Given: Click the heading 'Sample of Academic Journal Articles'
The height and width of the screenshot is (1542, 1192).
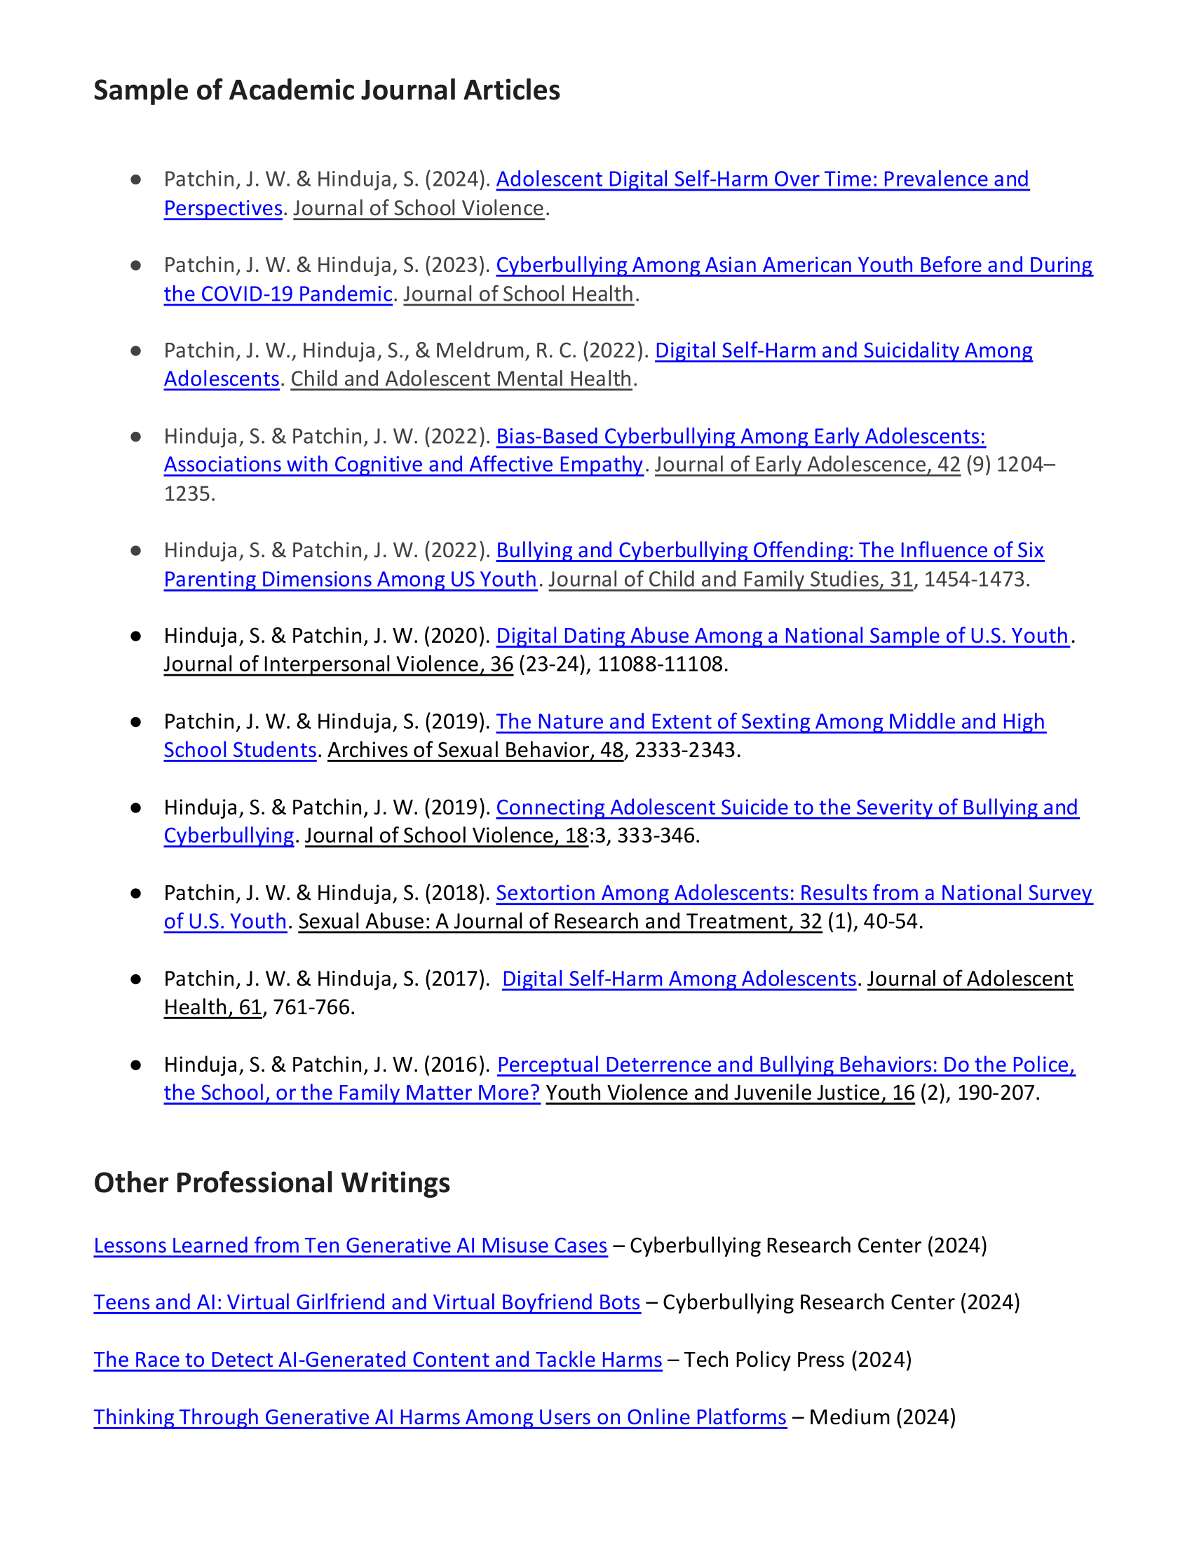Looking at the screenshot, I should pos(326,90).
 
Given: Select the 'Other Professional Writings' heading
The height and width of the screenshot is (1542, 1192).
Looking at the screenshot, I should pos(272,1182).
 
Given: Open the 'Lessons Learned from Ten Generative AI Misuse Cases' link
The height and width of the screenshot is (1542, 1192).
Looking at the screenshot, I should pos(351,1246).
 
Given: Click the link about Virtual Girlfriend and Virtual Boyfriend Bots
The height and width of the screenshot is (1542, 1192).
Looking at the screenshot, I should pos(367,1302).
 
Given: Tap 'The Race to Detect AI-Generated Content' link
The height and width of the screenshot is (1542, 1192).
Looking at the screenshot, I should pos(378,1359).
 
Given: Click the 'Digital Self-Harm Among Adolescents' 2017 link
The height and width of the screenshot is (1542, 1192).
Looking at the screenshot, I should pos(679,978).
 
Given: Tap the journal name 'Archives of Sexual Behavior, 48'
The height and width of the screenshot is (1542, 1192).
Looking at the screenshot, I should pos(475,750).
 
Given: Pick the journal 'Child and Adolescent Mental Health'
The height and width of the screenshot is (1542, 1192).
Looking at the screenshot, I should pos(461,379).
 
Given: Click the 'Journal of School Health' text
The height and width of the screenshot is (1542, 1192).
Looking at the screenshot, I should pos(518,294).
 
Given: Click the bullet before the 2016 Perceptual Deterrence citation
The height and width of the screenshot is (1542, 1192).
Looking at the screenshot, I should pos(135,1065).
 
